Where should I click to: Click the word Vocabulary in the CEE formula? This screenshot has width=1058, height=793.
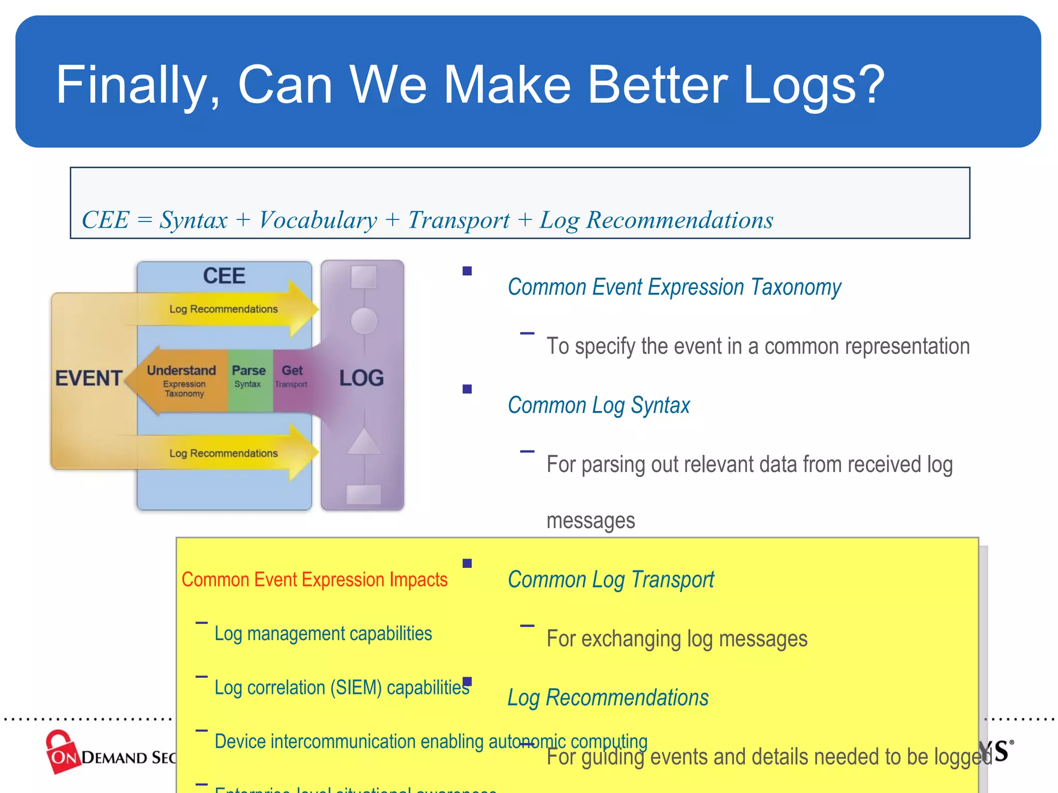click(318, 220)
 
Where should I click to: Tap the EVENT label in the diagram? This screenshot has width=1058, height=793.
click(88, 378)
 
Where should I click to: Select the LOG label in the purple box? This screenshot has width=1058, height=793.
click(362, 378)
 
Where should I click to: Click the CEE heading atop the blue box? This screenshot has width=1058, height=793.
click(224, 276)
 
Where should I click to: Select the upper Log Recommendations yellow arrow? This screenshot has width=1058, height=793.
click(224, 309)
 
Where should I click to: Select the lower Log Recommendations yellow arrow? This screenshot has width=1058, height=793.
click(224, 453)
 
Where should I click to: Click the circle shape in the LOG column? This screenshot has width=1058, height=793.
click(364, 321)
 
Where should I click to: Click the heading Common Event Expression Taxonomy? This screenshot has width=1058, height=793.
click(674, 287)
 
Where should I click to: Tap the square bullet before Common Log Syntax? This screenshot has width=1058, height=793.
click(467, 389)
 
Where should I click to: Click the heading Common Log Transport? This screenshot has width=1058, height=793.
click(611, 580)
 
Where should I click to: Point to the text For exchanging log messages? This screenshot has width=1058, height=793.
click(677, 639)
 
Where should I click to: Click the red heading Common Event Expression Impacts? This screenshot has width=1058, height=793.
click(314, 580)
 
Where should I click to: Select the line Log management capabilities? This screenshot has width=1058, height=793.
click(323, 633)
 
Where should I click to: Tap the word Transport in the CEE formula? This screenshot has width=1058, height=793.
click(459, 220)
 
